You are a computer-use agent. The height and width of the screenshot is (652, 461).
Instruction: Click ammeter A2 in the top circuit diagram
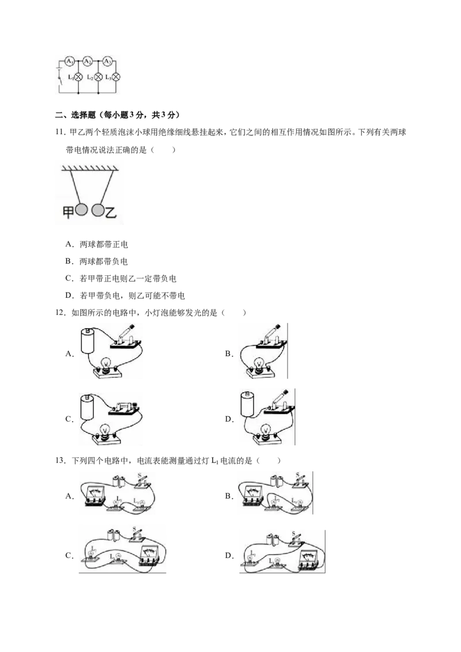point(88,62)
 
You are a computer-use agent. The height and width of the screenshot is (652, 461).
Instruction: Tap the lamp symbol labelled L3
point(116,77)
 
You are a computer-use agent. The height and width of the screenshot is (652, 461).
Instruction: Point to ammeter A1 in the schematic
point(70,62)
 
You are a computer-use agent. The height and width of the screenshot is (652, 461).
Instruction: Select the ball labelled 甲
point(82,210)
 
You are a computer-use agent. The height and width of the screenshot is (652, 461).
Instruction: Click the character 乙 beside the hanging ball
point(111,213)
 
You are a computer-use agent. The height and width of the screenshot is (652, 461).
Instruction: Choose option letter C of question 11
point(69,278)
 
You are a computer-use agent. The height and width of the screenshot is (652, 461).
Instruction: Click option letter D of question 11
point(69,295)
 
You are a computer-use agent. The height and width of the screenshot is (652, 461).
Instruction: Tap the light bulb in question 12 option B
point(260,364)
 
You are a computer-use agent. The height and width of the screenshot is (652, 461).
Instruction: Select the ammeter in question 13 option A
point(95,496)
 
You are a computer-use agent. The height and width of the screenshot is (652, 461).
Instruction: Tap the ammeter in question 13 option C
point(149,556)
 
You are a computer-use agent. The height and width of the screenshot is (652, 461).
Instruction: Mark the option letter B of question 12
point(228,354)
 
